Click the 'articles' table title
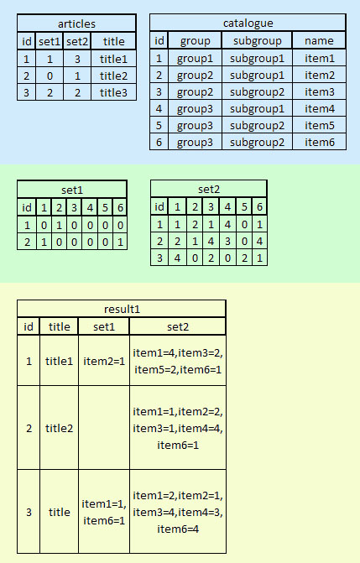coord(76,23)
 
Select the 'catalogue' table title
coord(248,23)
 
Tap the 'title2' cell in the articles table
coord(113,76)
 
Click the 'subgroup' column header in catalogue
coord(258,40)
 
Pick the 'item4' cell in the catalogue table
coord(320,108)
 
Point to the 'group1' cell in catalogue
coord(195,58)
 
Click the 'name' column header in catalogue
coord(319,40)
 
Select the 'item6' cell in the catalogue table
coord(320,142)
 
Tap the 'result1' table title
coord(122,309)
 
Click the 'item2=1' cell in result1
coord(104,361)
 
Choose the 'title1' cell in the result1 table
coord(59,361)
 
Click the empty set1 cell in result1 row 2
coord(104,428)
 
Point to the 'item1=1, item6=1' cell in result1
coord(104,512)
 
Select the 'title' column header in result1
coord(59,326)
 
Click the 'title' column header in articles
coord(113,41)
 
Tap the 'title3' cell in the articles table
coord(113,92)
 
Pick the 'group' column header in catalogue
coord(195,40)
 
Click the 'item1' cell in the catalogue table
coord(320,58)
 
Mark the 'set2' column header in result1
coord(178,326)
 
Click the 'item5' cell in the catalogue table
coord(320,125)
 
